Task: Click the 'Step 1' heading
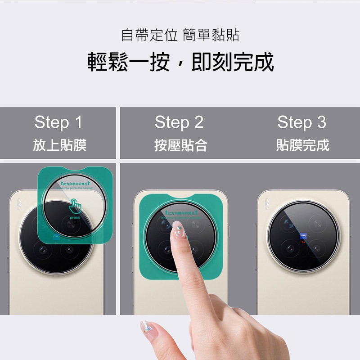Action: (x=58, y=122)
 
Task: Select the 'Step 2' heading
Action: (x=179, y=122)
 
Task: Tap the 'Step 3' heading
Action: (x=301, y=122)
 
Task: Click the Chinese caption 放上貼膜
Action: (x=59, y=145)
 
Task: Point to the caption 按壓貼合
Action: (x=180, y=145)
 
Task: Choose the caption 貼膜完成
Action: (x=302, y=145)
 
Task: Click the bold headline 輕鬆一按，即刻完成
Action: (x=180, y=63)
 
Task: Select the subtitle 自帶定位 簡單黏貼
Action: (x=180, y=35)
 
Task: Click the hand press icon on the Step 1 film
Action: (x=76, y=207)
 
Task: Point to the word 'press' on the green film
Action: (x=75, y=217)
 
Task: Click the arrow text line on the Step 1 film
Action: (x=72, y=184)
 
